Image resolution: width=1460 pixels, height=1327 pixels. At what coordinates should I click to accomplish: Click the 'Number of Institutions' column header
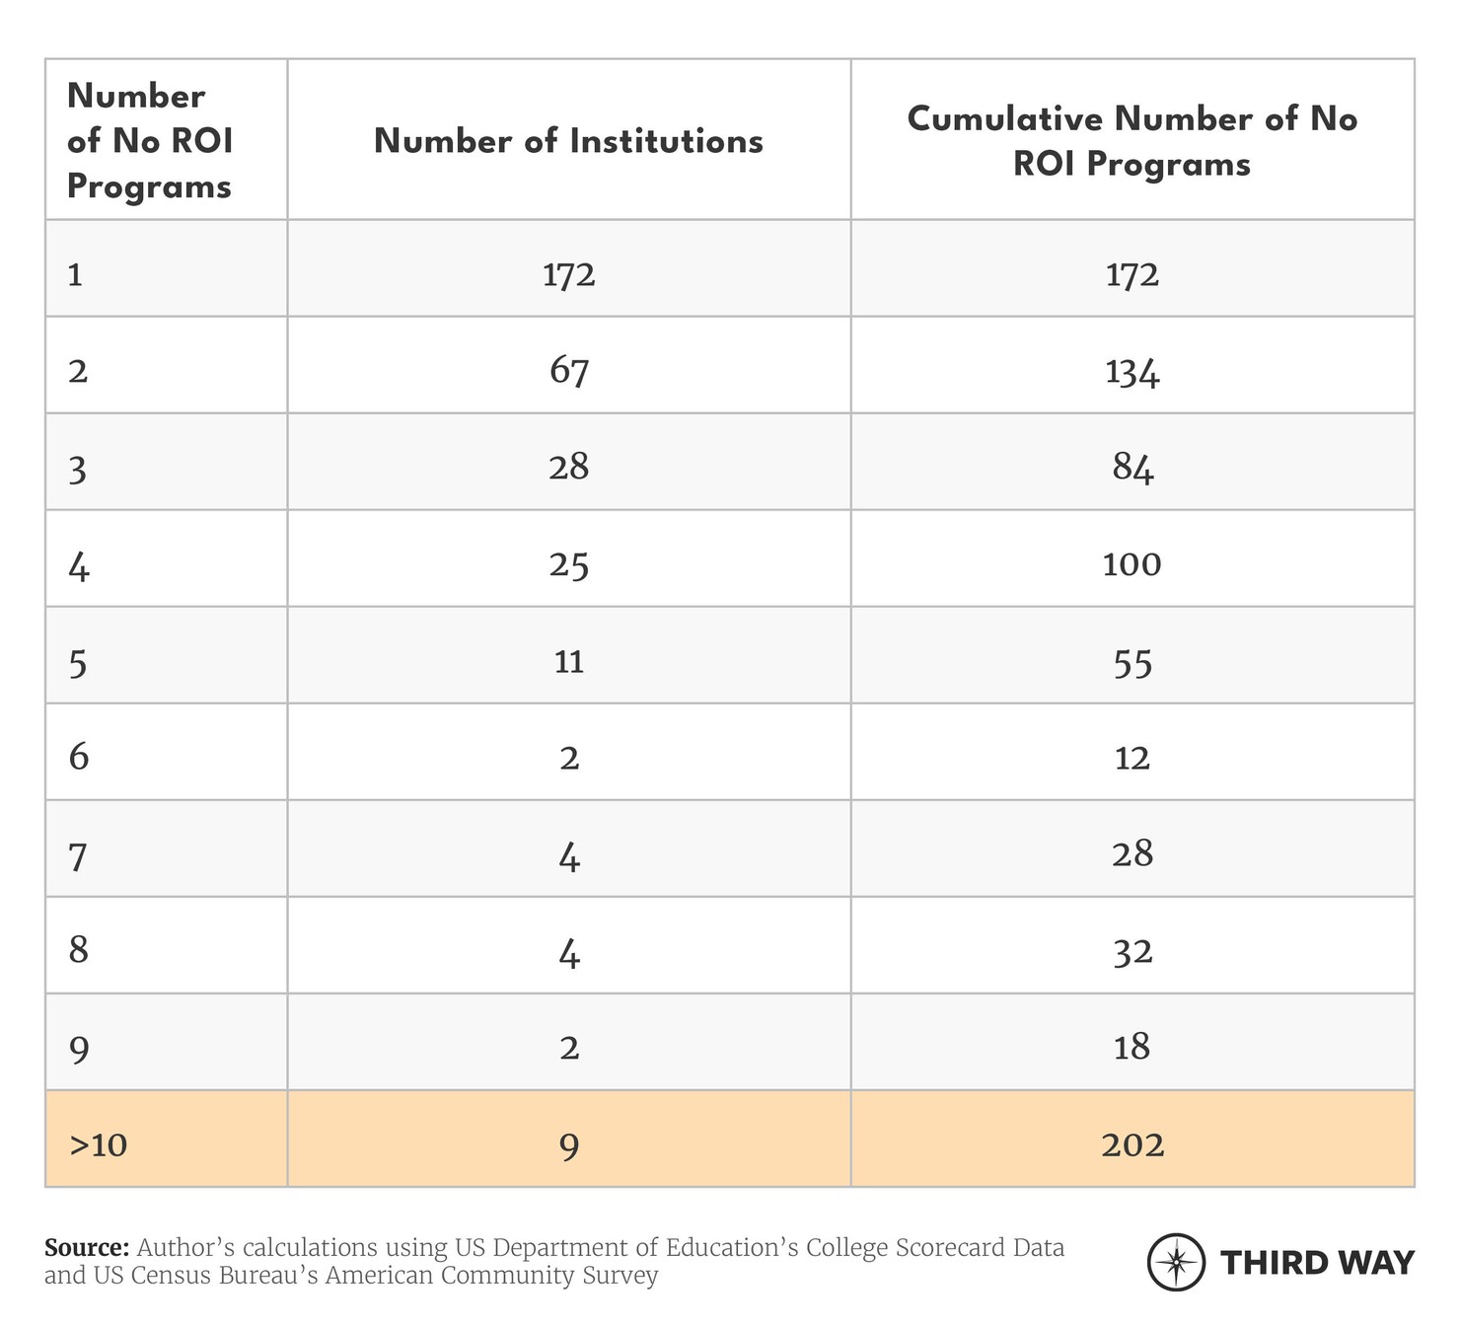(568, 141)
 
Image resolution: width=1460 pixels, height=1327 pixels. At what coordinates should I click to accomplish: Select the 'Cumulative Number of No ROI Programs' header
(1131, 141)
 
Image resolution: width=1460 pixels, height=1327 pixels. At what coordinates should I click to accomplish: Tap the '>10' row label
(99, 1144)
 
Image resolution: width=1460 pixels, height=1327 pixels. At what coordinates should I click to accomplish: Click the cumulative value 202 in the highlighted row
(1132, 1144)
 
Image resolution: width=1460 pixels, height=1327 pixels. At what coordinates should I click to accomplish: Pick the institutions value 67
(569, 371)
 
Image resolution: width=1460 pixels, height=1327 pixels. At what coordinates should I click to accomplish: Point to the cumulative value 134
(1132, 371)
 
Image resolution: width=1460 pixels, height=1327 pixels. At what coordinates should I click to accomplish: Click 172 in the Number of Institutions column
(569, 274)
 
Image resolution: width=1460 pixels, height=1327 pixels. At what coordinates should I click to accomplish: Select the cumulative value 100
(1132, 564)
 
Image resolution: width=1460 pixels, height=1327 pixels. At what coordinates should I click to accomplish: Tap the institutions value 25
(569, 564)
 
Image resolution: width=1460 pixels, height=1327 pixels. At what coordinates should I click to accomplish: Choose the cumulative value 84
(1132, 468)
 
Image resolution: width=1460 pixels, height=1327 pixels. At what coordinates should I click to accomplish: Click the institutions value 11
(569, 661)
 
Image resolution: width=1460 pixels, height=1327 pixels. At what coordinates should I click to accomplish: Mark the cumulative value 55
(1132, 661)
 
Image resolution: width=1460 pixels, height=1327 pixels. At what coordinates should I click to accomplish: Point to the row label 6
(79, 757)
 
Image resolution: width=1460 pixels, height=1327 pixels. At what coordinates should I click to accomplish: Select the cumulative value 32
(1132, 951)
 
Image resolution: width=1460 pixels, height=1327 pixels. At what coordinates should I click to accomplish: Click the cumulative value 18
(1132, 1047)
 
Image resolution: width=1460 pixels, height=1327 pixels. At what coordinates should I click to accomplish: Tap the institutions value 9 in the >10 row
(569, 1144)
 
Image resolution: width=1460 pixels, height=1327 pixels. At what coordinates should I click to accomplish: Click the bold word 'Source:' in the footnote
(87, 1247)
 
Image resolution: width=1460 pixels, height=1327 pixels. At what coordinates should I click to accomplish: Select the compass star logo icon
(1176, 1262)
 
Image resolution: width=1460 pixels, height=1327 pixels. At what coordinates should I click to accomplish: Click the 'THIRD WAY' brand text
(1317, 1262)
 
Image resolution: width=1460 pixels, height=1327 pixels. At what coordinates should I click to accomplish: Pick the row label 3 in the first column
(78, 469)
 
